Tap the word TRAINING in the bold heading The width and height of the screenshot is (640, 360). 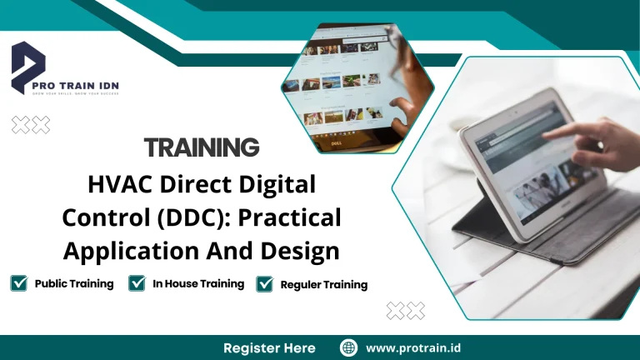click(x=202, y=147)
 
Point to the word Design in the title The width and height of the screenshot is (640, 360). click(x=299, y=249)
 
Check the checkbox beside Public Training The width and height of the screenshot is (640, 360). click(x=19, y=283)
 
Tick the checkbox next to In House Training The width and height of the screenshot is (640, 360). click(x=137, y=283)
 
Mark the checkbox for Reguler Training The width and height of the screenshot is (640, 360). click(x=265, y=284)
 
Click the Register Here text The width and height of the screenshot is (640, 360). click(x=269, y=347)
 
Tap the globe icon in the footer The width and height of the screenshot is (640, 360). click(x=348, y=347)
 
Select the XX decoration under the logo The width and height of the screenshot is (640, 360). click(x=30, y=125)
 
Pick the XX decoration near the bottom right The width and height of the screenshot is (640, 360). click(x=406, y=311)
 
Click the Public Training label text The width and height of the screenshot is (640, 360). click(x=74, y=283)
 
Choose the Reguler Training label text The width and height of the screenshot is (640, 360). click(x=324, y=284)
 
